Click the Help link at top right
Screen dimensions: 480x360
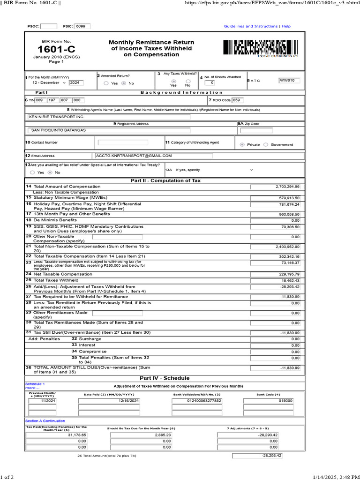(286, 27)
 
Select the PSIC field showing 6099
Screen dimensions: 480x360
(82, 27)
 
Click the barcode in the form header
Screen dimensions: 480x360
(260, 48)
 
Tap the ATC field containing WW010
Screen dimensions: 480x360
(289, 81)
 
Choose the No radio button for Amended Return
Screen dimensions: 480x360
(123, 83)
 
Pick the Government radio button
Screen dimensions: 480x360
(266, 145)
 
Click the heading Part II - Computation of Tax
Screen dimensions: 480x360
(166, 180)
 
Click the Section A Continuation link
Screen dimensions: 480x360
(45, 421)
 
